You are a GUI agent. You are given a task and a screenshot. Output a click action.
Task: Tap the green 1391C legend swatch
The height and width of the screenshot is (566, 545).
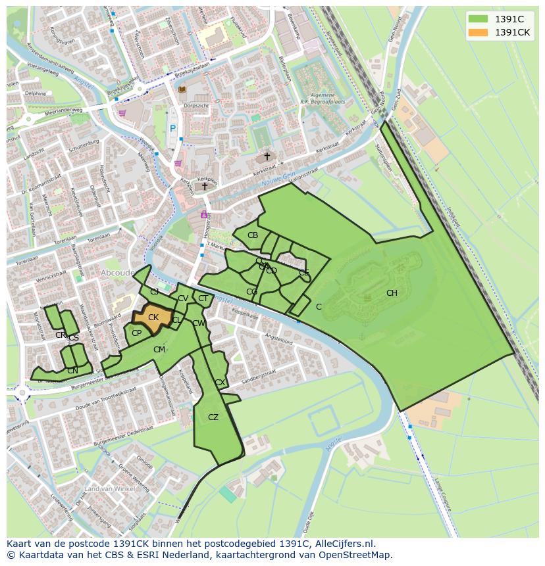coord(479,19)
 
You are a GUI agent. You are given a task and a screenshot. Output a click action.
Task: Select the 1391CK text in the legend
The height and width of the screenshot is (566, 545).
coord(512,32)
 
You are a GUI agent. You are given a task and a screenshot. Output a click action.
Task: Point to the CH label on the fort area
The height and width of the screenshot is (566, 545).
coord(392,293)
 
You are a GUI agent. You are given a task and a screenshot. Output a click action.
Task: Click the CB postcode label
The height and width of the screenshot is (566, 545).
coord(253,235)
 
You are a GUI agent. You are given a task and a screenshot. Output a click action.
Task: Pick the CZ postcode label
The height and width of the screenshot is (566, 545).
coord(213,417)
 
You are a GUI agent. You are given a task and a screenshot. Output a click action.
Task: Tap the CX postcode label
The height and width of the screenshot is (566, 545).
coord(220,383)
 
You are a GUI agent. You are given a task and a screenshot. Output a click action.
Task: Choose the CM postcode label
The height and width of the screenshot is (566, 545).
coord(159,350)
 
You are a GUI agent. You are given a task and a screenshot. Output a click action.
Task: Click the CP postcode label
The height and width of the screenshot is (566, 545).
coord(136,333)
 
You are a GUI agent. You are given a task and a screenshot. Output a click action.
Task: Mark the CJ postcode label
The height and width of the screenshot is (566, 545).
coord(155,292)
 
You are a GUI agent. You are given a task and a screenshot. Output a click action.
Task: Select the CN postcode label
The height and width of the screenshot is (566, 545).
coord(72,371)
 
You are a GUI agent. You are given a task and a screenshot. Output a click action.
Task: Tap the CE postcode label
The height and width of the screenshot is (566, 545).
coord(304,272)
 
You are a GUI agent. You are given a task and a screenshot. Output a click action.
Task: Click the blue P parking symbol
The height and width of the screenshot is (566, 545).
coord(173,130)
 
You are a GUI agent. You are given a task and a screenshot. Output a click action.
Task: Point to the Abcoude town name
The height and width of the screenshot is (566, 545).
coord(118,272)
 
